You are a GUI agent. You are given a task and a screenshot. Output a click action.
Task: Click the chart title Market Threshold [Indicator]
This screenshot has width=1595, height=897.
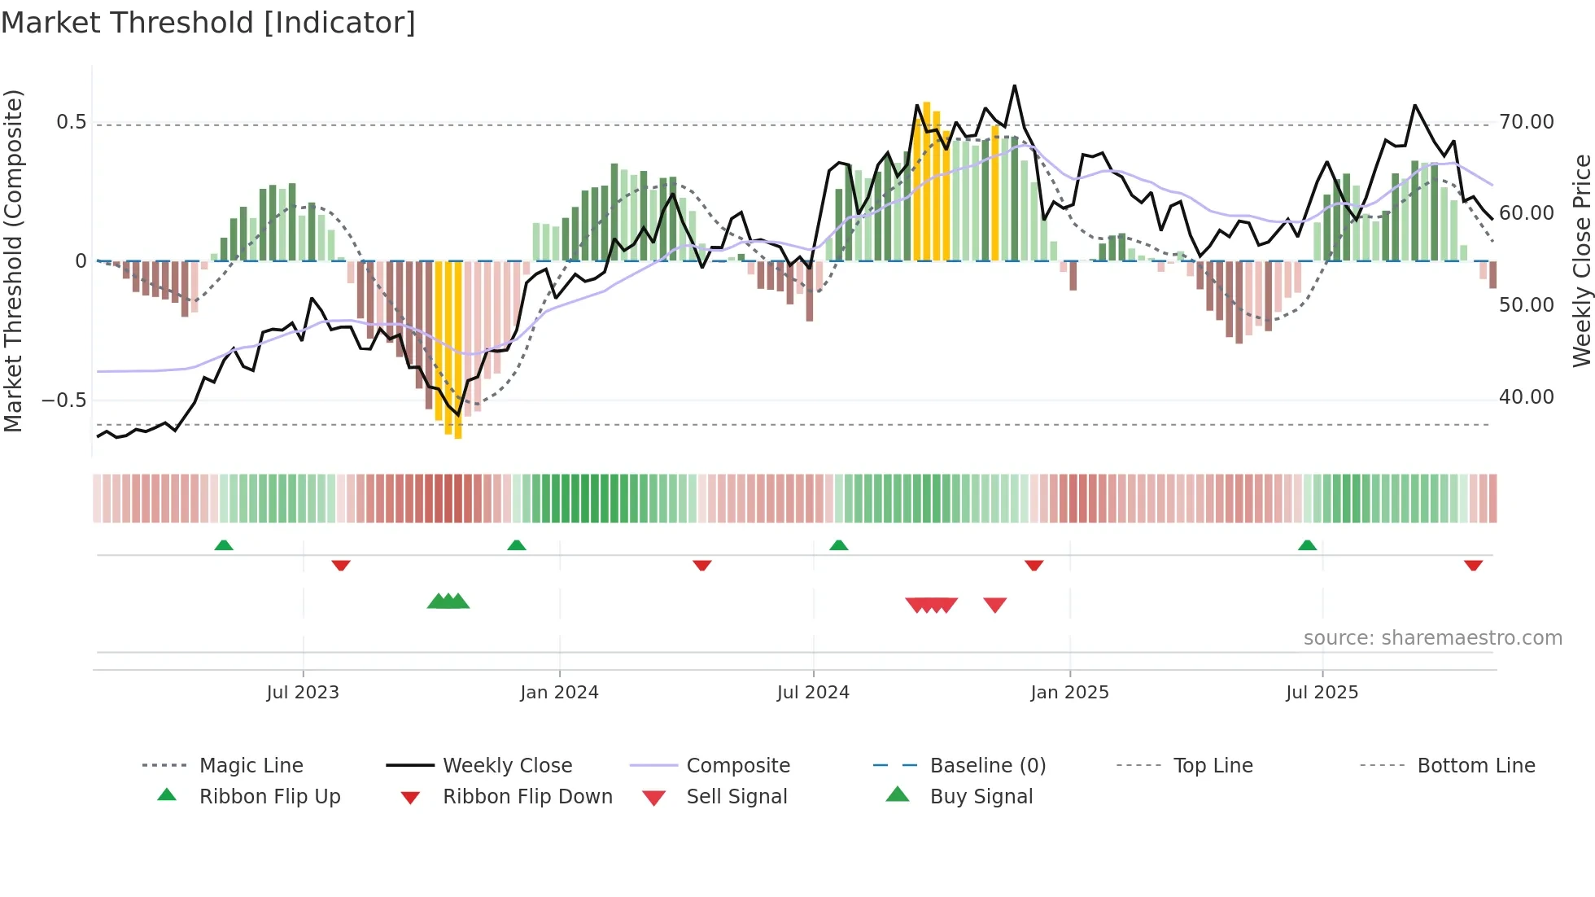click(x=208, y=23)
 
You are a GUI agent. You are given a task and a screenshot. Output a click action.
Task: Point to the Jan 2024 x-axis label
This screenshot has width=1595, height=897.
click(x=559, y=692)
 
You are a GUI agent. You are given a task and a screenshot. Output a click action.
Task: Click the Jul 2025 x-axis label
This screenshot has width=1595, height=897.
click(x=1322, y=692)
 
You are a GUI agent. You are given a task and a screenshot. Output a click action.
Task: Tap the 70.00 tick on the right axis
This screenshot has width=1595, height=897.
click(x=1526, y=122)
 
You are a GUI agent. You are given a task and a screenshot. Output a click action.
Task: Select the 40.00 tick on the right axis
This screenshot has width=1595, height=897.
click(x=1526, y=396)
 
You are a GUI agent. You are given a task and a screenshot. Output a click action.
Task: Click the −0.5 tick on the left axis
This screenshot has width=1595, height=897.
click(x=63, y=400)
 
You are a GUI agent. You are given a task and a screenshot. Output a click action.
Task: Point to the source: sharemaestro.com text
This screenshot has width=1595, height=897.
click(x=1432, y=637)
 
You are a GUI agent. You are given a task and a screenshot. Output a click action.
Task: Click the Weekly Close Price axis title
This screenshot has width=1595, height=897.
click(x=1580, y=260)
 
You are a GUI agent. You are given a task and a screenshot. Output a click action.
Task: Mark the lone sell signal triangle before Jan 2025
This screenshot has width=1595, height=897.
click(x=994, y=604)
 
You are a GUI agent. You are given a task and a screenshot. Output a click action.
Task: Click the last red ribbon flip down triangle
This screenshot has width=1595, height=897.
click(x=1473, y=565)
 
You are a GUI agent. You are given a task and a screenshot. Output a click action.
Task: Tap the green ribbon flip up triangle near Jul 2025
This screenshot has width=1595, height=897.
click(x=1307, y=545)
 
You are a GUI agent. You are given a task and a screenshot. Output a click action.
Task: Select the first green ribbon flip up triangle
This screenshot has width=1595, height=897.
click(x=224, y=545)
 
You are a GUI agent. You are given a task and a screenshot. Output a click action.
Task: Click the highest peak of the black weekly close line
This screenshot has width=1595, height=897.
click(x=1014, y=85)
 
